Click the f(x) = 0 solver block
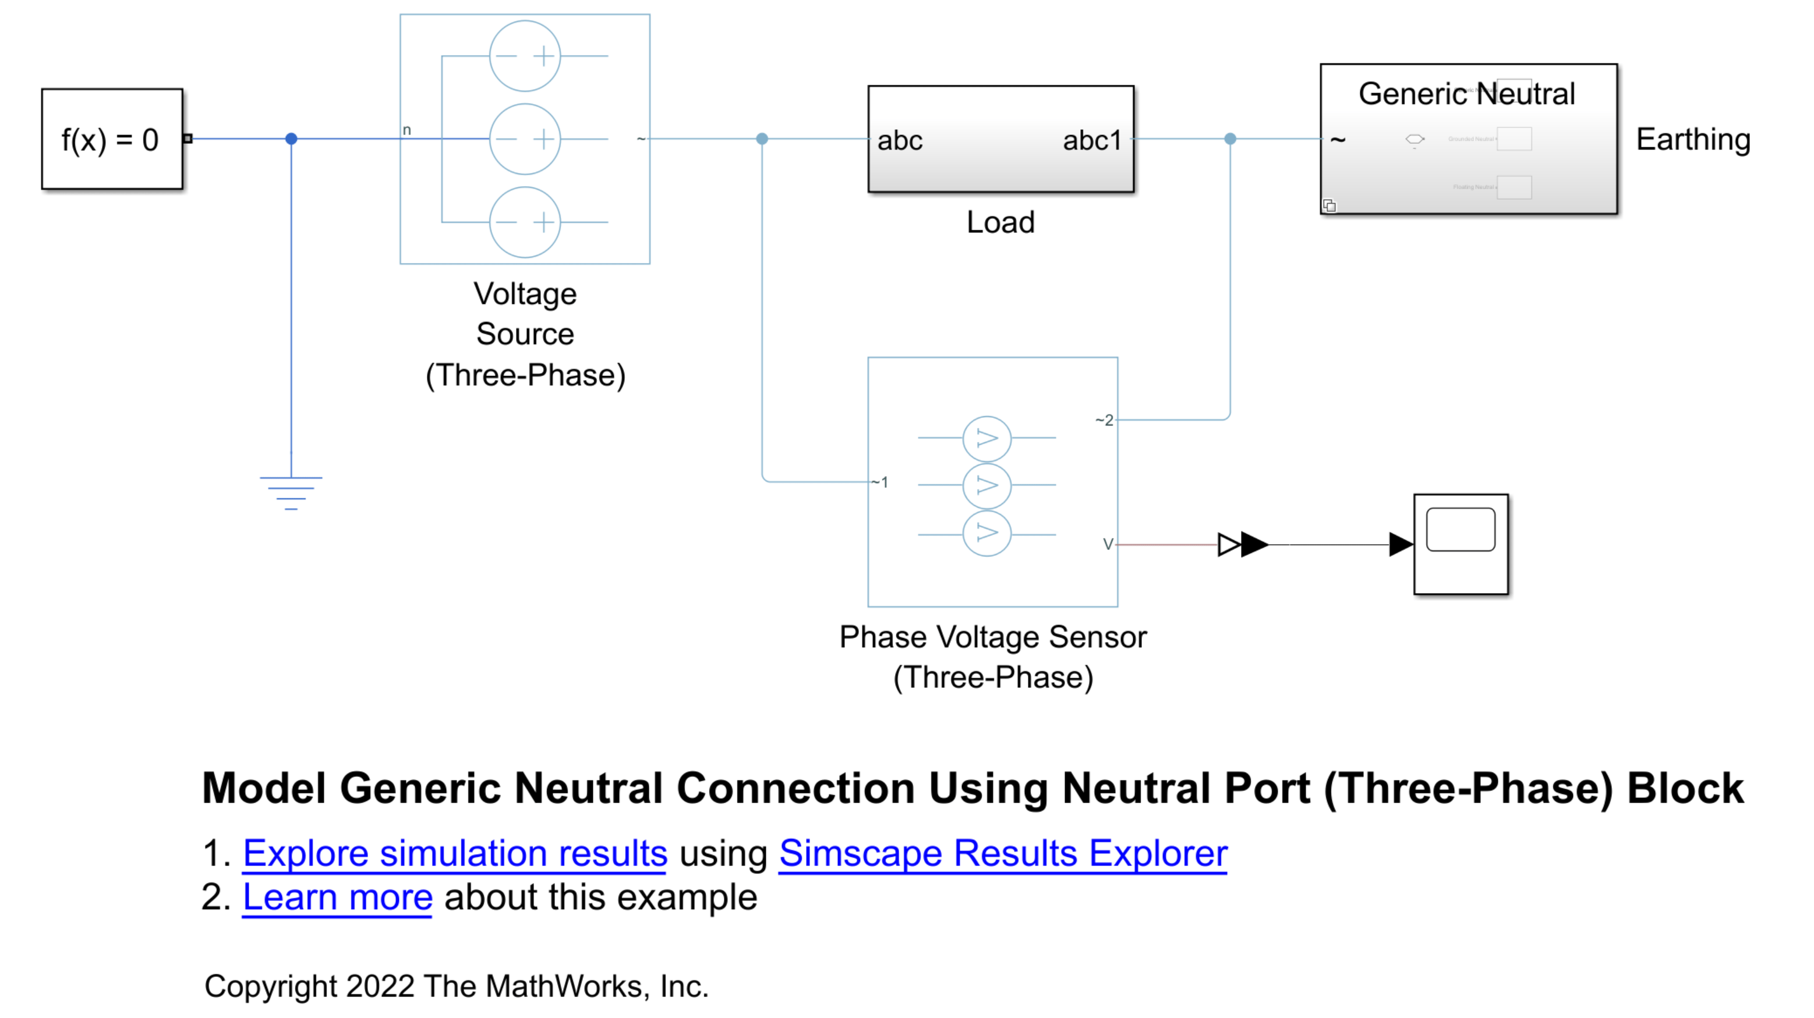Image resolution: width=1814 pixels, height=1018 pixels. pyautogui.click(x=112, y=139)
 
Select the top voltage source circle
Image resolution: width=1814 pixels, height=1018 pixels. pyautogui.click(x=525, y=56)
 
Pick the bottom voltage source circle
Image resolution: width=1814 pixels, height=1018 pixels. pyautogui.click(x=525, y=222)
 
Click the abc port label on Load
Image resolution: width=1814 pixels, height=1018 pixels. pyautogui.click(x=899, y=141)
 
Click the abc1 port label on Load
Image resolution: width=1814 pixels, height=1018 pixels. pyautogui.click(x=1091, y=141)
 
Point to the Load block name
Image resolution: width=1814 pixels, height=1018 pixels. pyautogui.click(x=1000, y=222)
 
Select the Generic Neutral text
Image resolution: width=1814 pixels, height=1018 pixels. pyautogui.click(x=1466, y=94)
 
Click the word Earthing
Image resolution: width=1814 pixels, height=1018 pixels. pyautogui.click(x=1693, y=139)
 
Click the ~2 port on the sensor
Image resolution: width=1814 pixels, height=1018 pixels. pyautogui.click(x=1104, y=420)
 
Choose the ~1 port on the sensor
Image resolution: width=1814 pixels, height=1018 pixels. pyautogui.click(x=881, y=483)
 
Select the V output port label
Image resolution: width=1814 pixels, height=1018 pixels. pyautogui.click(x=1108, y=544)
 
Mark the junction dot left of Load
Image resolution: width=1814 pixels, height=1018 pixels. pyautogui.click(x=762, y=139)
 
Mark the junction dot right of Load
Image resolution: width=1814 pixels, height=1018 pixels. pyautogui.click(x=1230, y=139)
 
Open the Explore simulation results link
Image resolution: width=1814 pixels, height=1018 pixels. pyautogui.click(x=455, y=853)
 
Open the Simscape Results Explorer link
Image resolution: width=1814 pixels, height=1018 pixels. pyautogui.click(x=1003, y=853)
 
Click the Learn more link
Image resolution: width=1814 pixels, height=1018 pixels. pyautogui.click(x=337, y=897)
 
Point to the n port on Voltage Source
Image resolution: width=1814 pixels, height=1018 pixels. pyautogui.click(x=406, y=130)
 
